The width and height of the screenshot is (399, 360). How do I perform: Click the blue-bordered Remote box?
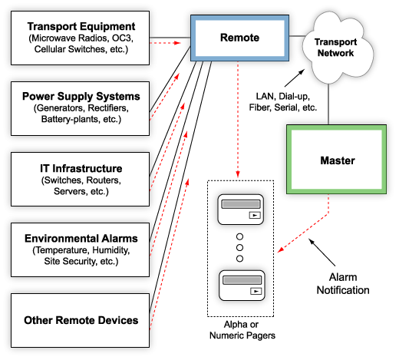[239, 37]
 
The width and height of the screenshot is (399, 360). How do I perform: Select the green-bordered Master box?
[337, 161]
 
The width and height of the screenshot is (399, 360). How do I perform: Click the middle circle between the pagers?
[240, 247]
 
